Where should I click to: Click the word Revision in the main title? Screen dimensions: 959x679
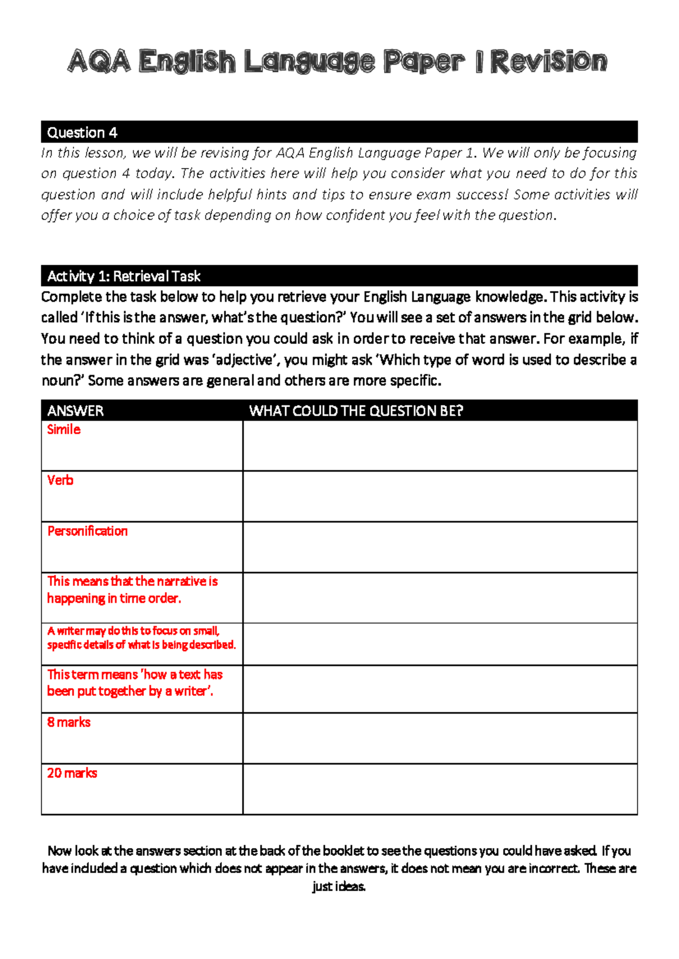click(548, 62)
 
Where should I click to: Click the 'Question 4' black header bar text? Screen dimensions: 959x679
click(82, 133)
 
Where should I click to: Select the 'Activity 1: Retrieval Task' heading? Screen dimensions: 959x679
click(124, 276)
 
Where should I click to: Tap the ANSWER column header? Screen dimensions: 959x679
click(75, 411)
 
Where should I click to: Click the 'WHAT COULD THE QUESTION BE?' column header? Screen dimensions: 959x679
click(356, 411)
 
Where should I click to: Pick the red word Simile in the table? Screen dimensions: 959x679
click(63, 430)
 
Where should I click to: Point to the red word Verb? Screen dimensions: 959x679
click(60, 481)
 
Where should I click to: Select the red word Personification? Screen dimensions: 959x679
click(87, 531)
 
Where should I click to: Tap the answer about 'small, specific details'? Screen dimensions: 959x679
click(141, 638)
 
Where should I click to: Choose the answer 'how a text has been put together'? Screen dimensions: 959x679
click(134, 682)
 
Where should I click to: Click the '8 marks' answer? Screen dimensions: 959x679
click(68, 722)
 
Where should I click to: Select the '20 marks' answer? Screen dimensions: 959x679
click(72, 773)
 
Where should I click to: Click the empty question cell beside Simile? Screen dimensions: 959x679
click(440, 446)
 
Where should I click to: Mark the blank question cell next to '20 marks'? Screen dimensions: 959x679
click(440, 789)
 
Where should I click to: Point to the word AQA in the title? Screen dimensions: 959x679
click(100, 62)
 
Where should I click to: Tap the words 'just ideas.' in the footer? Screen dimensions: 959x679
click(339, 886)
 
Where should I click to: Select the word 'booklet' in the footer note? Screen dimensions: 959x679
click(342, 851)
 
